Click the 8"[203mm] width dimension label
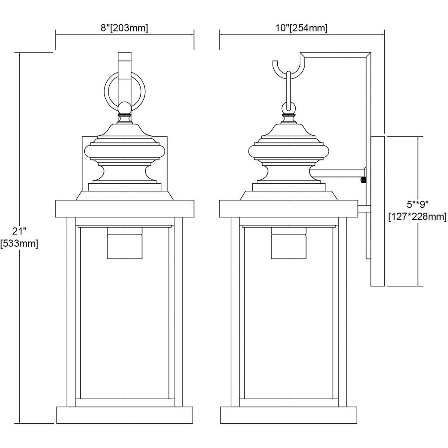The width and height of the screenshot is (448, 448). [x=124, y=28]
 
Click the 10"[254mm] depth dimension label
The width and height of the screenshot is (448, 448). [x=301, y=28]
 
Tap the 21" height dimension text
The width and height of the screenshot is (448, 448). [x=19, y=231]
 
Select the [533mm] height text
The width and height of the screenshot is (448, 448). [x=19, y=244]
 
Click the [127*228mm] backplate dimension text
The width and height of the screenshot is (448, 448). [x=418, y=217]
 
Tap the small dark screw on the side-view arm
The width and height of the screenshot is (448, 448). [x=363, y=180]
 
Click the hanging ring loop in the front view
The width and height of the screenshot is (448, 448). [x=125, y=91]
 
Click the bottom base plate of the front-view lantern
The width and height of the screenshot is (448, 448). [x=125, y=415]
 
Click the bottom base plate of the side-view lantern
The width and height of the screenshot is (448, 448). [x=289, y=415]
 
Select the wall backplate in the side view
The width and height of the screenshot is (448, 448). [x=377, y=211]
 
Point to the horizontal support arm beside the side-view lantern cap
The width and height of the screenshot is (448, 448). [x=338, y=173]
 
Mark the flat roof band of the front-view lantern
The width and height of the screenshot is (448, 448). [x=125, y=209]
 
